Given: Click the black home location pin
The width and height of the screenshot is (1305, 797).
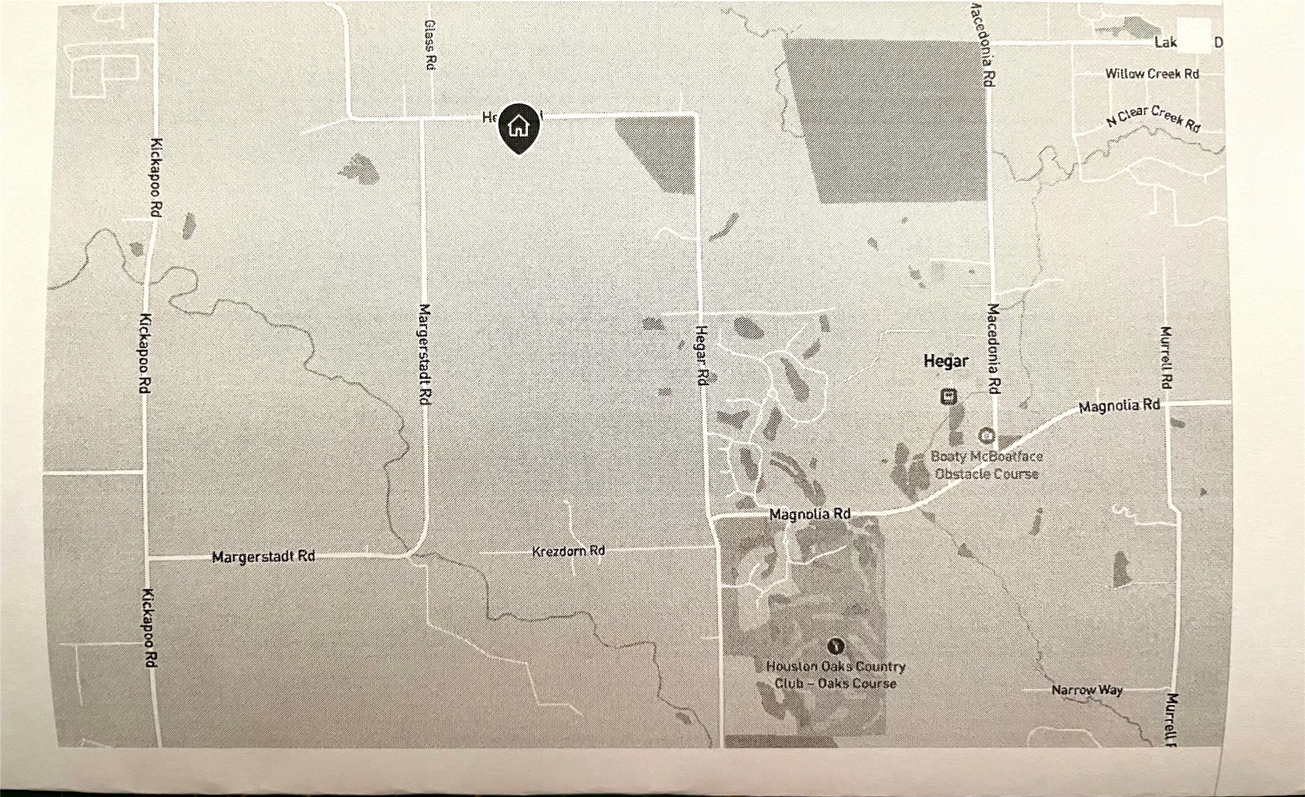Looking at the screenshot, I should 519,127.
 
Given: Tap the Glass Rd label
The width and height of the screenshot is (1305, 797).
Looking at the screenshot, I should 430,45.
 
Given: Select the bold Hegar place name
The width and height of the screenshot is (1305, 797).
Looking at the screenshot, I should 946,361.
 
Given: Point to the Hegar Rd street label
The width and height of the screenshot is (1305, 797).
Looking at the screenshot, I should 701,355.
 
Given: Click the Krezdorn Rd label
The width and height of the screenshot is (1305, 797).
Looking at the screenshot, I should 568,551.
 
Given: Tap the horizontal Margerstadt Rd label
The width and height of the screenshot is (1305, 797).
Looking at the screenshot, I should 263,556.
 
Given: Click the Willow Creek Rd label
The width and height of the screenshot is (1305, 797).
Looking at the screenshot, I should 1151,74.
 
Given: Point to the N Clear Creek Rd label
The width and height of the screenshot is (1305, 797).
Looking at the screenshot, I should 1153,118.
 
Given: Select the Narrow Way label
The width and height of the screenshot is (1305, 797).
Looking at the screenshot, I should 1087,689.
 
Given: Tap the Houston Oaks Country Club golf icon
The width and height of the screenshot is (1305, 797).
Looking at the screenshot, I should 836,646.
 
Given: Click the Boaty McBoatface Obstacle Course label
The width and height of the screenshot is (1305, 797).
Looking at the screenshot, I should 986,465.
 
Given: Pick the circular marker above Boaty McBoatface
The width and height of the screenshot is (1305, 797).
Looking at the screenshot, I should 986,436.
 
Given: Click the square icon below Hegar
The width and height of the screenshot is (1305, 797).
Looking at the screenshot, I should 948,396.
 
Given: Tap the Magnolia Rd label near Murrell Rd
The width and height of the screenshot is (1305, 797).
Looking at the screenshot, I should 1119,406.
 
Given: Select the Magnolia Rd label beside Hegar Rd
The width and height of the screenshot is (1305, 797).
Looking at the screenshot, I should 810,514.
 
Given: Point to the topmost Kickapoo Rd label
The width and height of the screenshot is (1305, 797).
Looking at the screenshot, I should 156,177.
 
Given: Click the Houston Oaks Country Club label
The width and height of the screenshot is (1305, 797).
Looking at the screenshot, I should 836,675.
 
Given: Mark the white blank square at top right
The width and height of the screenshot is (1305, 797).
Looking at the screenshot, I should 1194,36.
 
